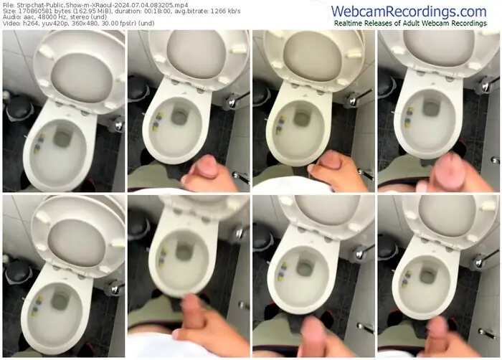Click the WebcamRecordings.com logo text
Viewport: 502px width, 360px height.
(409, 11)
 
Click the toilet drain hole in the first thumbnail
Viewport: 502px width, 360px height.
(62, 138)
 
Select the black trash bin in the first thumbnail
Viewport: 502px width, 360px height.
(19, 108)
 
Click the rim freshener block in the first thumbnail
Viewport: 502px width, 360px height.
(39, 144)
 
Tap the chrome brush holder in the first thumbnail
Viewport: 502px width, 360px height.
(117, 124)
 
